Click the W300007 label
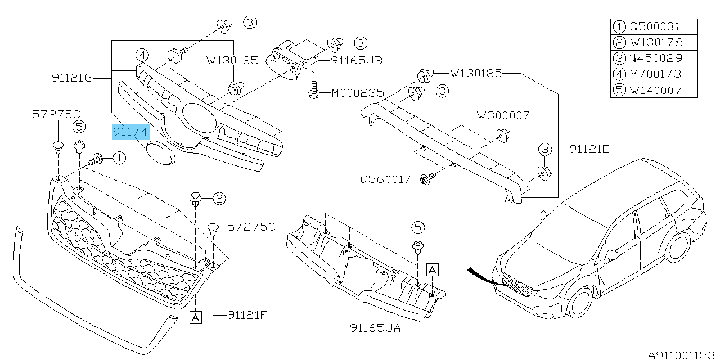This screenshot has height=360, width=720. [503, 115]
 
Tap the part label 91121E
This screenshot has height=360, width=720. [589, 149]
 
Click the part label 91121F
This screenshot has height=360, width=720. [246, 315]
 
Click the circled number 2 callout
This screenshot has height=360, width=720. [219, 197]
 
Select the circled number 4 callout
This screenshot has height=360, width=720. [143, 55]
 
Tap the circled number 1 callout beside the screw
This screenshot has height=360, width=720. [119, 159]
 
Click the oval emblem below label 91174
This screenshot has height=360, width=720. [161, 154]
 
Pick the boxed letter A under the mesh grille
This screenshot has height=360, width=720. [195, 317]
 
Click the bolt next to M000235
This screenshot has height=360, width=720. [313, 91]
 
